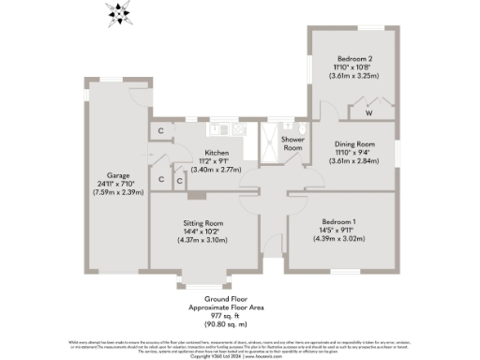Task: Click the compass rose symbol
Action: tap(119, 13)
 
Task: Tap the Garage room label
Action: tap(117, 175)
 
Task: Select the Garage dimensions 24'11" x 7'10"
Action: tap(117, 184)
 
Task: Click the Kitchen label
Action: tap(217, 153)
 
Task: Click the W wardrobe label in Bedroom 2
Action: tap(368, 112)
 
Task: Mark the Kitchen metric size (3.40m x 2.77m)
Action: tap(217, 170)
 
